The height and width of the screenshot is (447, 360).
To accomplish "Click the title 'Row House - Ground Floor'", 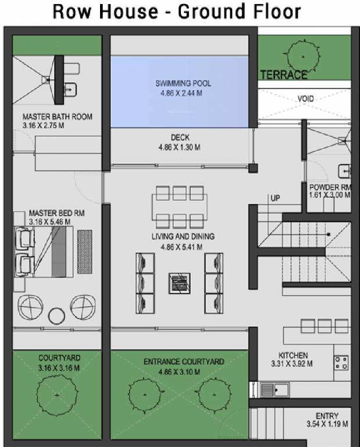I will pos(177,12).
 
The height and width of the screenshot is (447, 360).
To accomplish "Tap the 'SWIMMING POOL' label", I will pos(183,83).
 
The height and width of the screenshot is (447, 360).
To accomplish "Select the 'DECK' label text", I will pos(180,138).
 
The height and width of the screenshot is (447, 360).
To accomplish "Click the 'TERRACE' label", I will pos(283,75).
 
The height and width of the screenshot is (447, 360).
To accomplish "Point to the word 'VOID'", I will pos(305,99).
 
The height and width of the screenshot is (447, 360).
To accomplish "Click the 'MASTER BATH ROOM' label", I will pos(57,117).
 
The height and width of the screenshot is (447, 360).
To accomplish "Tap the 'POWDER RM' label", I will pos(330,187).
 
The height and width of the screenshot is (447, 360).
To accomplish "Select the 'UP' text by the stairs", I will pos(275,198).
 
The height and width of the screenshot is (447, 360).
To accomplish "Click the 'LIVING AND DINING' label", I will pos(183,237).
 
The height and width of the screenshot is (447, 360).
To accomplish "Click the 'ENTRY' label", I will pos(327,416).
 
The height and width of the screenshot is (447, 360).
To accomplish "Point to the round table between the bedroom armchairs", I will pos(56,315).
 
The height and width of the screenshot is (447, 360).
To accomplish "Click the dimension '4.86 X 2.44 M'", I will pos(183,93).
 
